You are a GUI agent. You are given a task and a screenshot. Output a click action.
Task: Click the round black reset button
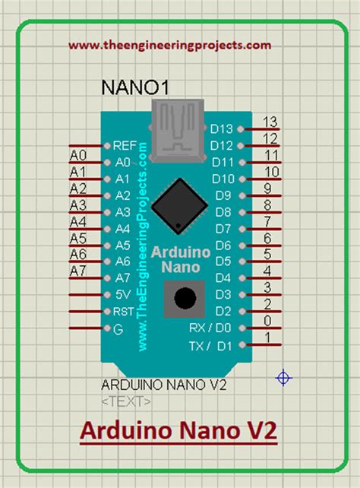click(183, 298)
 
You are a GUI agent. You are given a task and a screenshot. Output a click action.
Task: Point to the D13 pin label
click(223, 129)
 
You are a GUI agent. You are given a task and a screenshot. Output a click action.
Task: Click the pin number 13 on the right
click(269, 122)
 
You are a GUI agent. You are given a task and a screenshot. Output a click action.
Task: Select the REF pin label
click(124, 145)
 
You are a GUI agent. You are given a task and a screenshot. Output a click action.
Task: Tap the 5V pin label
click(122, 295)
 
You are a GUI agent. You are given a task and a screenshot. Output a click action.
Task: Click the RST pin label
click(124, 312)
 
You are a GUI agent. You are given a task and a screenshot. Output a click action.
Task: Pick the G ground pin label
click(117, 328)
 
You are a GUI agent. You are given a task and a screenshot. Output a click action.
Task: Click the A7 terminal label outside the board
click(78, 271)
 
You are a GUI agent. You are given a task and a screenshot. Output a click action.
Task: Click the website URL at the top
click(169, 45)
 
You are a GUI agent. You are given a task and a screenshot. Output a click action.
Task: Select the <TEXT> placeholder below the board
click(126, 400)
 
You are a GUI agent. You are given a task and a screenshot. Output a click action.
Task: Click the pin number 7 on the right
click(268, 221)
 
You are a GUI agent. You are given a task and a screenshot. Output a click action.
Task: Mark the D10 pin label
click(223, 179)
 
